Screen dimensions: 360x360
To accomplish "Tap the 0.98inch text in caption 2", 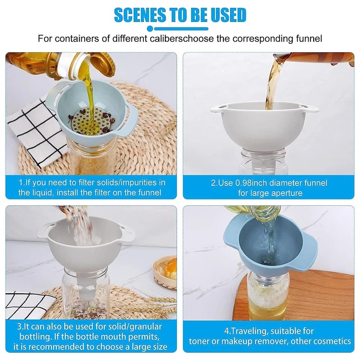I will tap(249, 183).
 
